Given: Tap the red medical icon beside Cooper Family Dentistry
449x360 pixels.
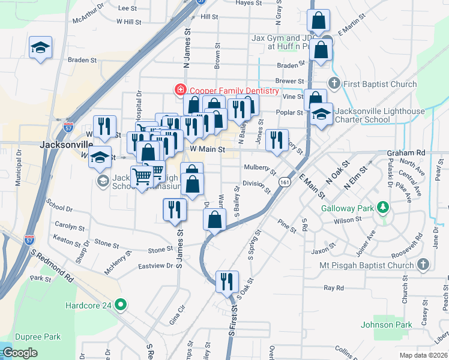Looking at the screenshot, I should coord(179,91).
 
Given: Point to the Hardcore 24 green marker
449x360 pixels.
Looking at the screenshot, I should coord(121,305).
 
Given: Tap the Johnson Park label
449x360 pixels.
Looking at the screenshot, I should coord(386,325).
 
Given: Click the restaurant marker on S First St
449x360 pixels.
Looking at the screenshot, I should coord(227,281).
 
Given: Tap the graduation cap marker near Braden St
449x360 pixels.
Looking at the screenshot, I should coord(40,47).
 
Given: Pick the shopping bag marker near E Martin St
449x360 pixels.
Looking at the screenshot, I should coord(318,21).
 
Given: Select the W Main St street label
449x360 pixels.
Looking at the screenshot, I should coord(207,148).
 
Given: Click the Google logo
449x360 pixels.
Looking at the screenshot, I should coord(20,352).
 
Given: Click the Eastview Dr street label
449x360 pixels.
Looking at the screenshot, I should coord(155,265).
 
